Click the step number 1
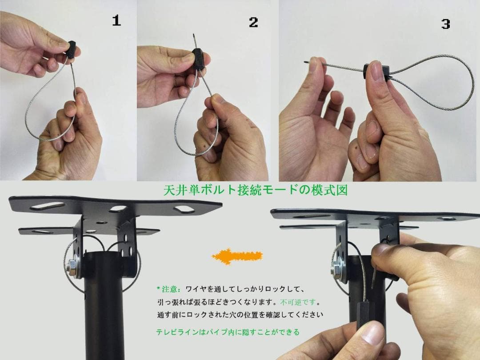point(116,20)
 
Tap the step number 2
point(253,22)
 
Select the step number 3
point(445,24)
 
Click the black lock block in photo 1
point(72,49)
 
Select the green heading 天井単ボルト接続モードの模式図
point(256,191)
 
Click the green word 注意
point(171,289)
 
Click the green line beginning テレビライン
point(227,332)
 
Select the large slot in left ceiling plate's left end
point(47,206)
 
